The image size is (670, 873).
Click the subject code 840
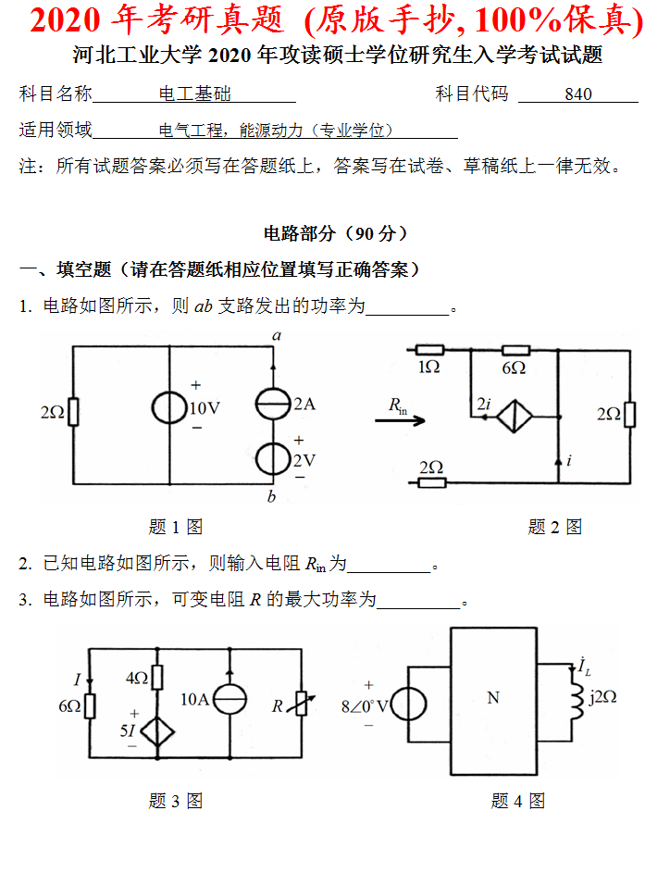[x=577, y=94]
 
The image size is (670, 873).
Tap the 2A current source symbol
[x=273, y=405]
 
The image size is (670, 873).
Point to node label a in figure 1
[x=277, y=335]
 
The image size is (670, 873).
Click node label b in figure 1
[x=271, y=497]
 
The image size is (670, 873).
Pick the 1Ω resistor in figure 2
[x=429, y=351]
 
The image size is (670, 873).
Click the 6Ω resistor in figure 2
[x=515, y=351]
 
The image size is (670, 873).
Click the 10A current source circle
[x=228, y=698]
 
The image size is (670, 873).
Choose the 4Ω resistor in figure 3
[x=156, y=677]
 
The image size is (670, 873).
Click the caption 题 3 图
[x=176, y=801]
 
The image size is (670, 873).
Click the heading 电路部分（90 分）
[x=336, y=233]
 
